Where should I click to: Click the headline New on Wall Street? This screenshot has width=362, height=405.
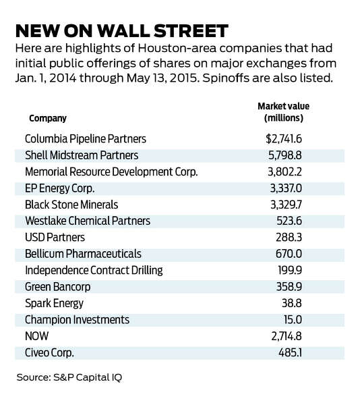coord(122,31)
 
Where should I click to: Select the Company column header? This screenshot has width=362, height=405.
coord(48,119)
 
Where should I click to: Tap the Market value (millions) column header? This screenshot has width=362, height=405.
coord(283,112)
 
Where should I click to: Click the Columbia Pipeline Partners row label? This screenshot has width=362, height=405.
coord(86,139)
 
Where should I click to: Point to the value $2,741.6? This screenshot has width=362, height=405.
coord(284,139)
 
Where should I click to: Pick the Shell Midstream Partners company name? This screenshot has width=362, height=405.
coord(82,155)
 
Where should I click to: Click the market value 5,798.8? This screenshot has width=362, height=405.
coord(285,155)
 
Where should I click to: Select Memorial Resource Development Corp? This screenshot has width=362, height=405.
coord(111,172)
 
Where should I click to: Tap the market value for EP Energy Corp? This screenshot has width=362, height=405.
coord(286,188)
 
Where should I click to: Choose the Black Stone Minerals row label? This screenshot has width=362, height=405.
coord(71,205)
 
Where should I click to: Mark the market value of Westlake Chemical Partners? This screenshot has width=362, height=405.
coord(289,221)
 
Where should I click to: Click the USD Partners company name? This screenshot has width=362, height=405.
coord(55,238)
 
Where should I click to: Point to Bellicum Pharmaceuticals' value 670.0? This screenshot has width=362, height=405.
coord(289,254)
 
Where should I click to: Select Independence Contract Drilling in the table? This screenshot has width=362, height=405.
coord(94,271)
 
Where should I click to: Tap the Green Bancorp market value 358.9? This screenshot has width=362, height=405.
coord(289,287)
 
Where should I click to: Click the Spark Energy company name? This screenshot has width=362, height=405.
coord(54,304)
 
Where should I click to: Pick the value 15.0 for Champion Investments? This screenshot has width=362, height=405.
coord(293,320)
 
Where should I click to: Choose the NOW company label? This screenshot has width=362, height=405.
coord(36,336)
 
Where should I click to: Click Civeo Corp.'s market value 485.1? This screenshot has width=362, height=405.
coord(290,352)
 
